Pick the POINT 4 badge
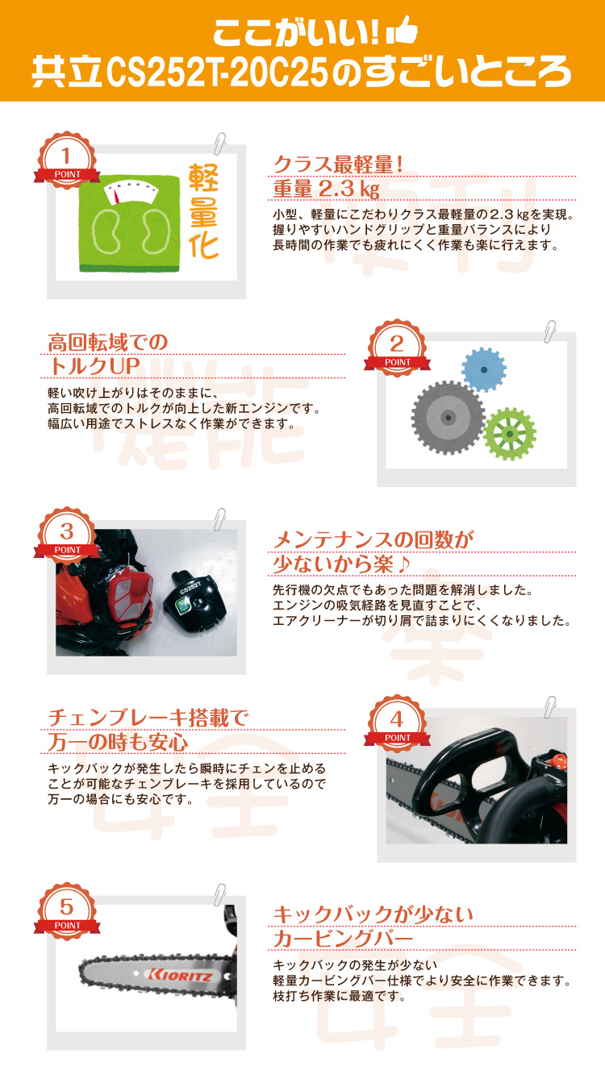click(395, 725)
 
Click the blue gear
click(484, 369)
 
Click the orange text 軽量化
click(204, 211)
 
